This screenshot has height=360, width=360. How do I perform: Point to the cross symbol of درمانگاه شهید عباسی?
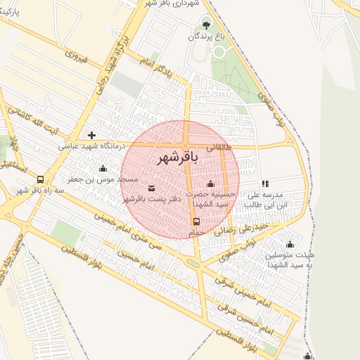(x=91, y=134)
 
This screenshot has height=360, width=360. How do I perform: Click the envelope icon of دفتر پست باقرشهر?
(x=152, y=188)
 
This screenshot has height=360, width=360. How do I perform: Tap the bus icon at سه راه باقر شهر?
(x=40, y=179)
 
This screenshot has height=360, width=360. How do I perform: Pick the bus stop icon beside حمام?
(x=195, y=222)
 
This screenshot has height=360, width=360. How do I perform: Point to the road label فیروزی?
(x=75, y=54)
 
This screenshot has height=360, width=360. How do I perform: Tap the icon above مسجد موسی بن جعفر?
(x=103, y=168)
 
